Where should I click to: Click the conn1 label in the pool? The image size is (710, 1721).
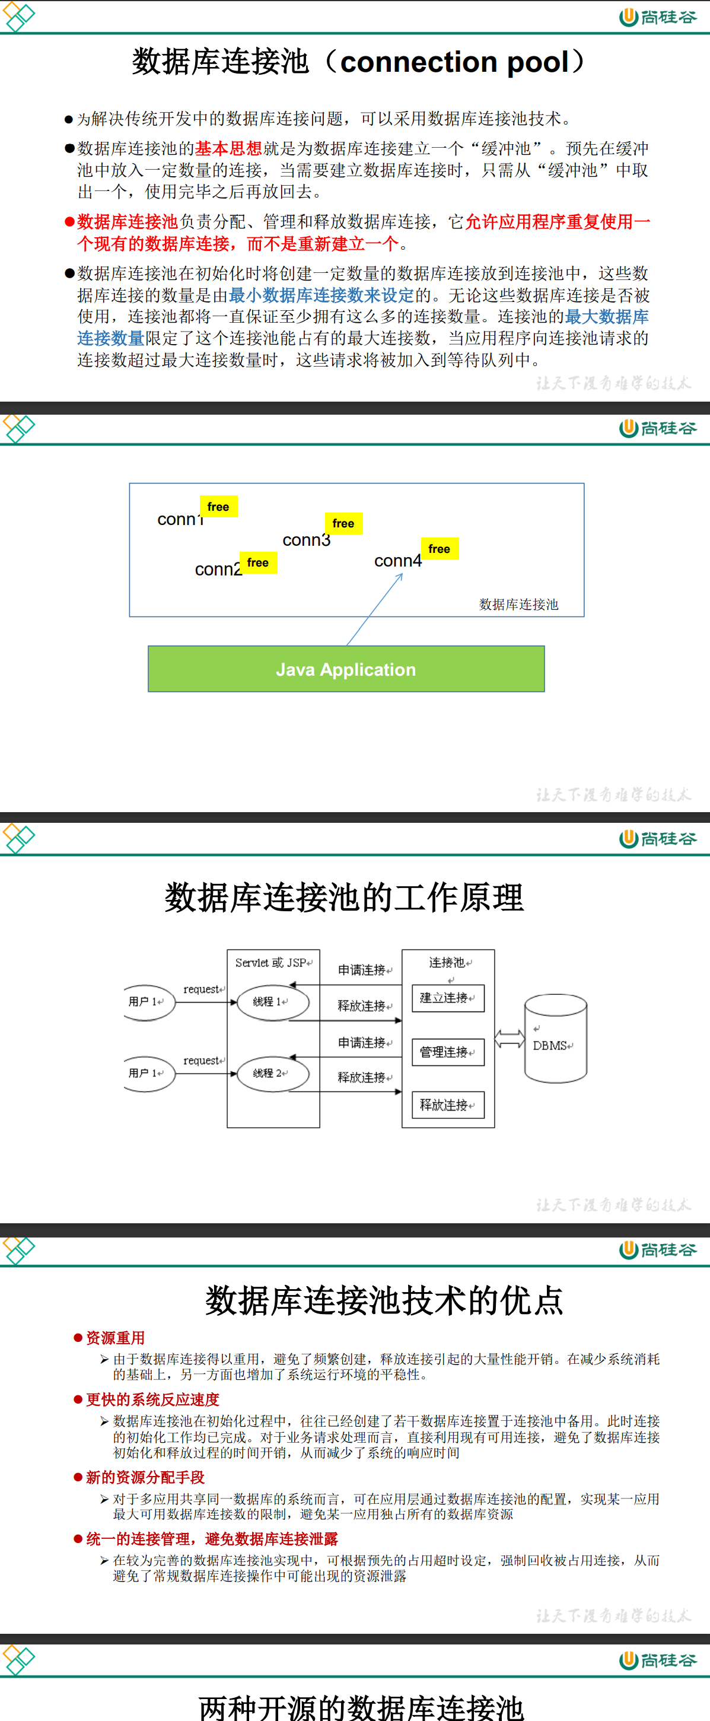179,519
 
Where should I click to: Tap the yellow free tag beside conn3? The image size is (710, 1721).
343,523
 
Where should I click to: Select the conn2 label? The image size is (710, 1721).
217,569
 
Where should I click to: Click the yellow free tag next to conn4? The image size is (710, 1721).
439,549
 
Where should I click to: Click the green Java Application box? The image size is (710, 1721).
346,669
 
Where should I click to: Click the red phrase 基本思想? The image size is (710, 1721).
228,148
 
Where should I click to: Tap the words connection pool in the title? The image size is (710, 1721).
454,62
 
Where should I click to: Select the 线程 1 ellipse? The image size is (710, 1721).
272,1001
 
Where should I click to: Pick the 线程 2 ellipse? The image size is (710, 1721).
272,1073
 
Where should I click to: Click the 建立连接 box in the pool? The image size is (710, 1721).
447,998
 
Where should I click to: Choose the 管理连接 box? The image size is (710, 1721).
447,1052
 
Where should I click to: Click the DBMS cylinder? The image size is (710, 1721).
555,1039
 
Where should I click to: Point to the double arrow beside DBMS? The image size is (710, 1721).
509,1039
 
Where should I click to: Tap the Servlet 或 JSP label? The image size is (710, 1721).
272,963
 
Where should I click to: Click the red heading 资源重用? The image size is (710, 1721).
115,1338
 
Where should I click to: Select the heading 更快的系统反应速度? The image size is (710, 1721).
152,1399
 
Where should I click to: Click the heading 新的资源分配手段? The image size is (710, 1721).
145,1477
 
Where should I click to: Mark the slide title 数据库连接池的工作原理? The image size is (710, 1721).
344,897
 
